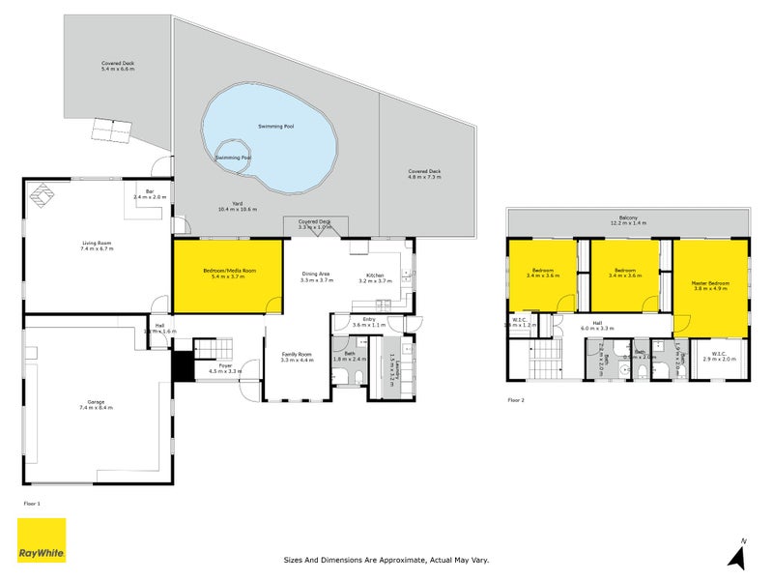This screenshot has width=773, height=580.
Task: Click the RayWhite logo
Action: (x=42, y=540)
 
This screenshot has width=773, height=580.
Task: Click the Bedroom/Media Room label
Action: (x=227, y=275)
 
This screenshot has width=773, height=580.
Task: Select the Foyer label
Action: (x=224, y=367)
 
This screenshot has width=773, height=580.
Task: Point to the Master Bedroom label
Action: (x=710, y=285)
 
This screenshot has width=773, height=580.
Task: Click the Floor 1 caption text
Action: (x=32, y=504)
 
